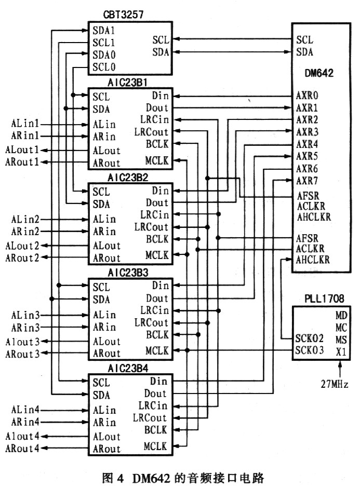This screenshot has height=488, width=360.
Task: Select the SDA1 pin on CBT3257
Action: pyautogui.click(x=104, y=30)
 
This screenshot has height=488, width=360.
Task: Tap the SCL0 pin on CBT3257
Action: pyautogui.click(x=104, y=67)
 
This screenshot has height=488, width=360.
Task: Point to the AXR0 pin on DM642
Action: pyautogui.click(x=308, y=96)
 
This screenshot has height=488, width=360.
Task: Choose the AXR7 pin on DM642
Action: pyautogui.click(x=308, y=181)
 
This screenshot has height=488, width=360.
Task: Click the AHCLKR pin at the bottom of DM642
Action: pyautogui.click(x=312, y=260)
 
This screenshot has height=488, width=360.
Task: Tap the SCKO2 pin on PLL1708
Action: pyautogui.click(x=309, y=339)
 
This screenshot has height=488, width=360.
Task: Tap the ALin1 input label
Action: pyautogui.click(x=25, y=125)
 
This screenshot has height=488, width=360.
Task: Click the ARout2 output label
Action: pyautogui.click(x=22, y=257)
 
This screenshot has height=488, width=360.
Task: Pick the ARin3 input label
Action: pyautogui.click(x=25, y=328)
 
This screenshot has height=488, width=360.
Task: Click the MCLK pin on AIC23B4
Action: pyautogui.click(x=156, y=446)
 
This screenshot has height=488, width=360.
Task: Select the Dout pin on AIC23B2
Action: pyautogui.click(x=156, y=203)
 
